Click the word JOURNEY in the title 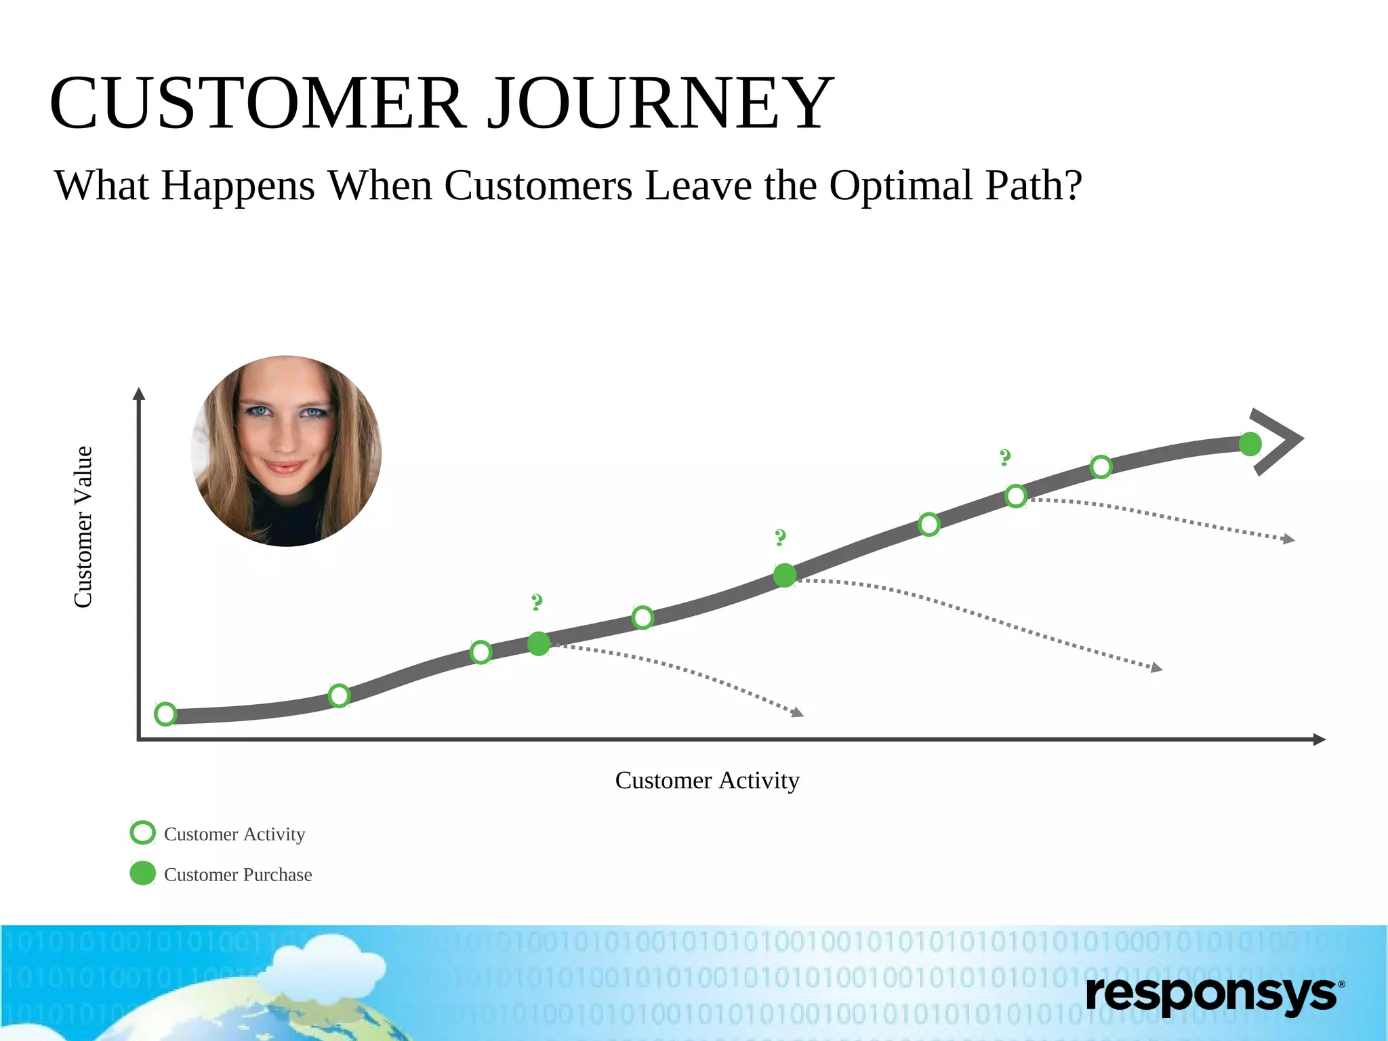pyautogui.click(x=660, y=104)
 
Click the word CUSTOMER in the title pyautogui.click(x=258, y=104)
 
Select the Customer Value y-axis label pyautogui.click(x=83, y=527)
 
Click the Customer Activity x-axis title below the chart pyautogui.click(x=707, y=780)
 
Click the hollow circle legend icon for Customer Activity pyautogui.click(x=142, y=832)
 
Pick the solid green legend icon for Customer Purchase pyautogui.click(x=142, y=873)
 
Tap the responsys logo pyautogui.click(x=1213, y=994)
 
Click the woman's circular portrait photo pyautogui.click(x=286, y=451)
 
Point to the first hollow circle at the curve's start pyautogui.click(x=165, y=714)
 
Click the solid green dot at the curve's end pyautogui.click(x=1250, y=444)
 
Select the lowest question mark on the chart pyautogui.click(x=537, y=602)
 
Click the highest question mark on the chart pyautogui.click(x=1005, y=457)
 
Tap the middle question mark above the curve pyautogui.click(x=780, y=537)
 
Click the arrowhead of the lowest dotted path pyautogui.click(x=798, y=712)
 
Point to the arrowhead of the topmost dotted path pyautogui.click(x=1288, y=539)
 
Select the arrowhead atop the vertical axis pyautogui.click(x=139, y=394)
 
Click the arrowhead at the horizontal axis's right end pyautogui.click(x=1319, y=739)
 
